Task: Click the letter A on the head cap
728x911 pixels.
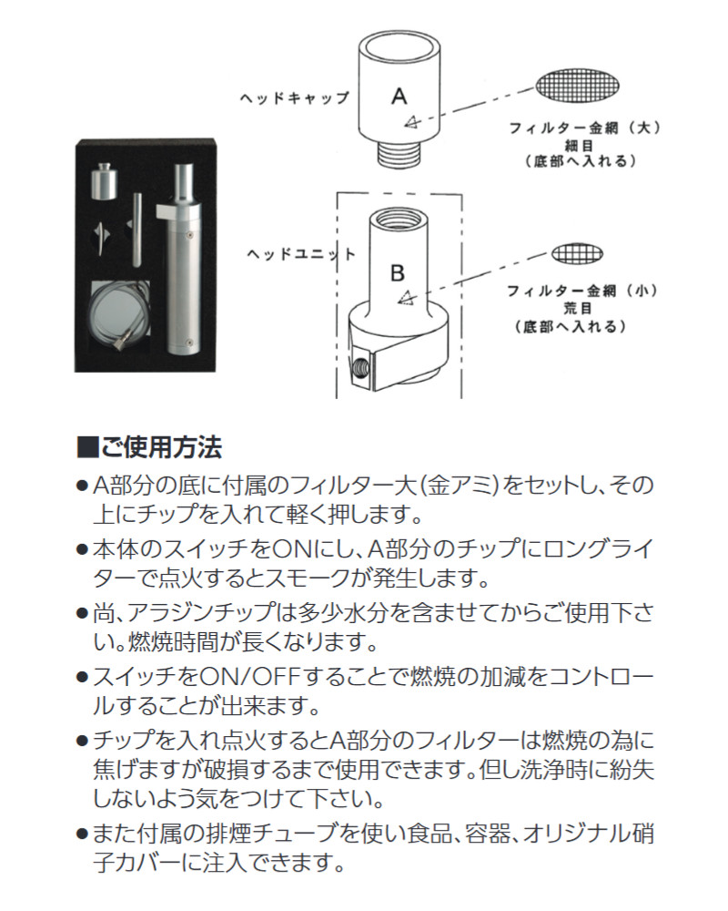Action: (399, 94)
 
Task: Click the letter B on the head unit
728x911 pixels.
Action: (397, 271)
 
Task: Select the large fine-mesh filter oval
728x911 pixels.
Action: (579, 86)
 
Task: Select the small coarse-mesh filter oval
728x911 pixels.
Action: (579, 252)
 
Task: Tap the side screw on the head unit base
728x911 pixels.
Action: (362, 367)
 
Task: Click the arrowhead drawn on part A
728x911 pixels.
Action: (410, 122)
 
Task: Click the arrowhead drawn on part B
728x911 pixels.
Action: (407, 297)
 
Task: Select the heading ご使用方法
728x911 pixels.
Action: (160, 448)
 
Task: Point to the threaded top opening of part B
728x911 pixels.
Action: (397, 219)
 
